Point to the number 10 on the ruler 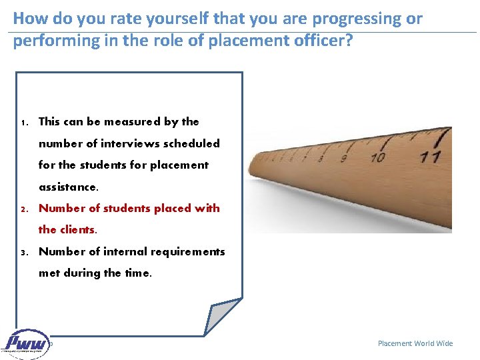[378, 158]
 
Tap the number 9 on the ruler [344, 159]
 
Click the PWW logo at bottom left [27, 344]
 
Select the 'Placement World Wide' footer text [415, 343]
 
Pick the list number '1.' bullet [23, 122]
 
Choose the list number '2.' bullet [23, 209]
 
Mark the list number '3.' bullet [23, 252]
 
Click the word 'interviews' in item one [127, 143]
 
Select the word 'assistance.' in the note [68, 187]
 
